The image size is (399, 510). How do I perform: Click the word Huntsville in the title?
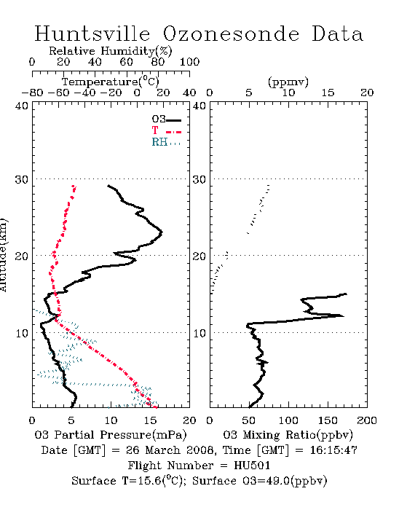click(x=92, y=34)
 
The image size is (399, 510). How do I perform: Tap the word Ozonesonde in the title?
click(x=230, y=34)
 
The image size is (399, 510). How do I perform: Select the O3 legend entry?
click(x=166, y=119)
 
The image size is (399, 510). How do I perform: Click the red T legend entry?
click(x=166, y=130)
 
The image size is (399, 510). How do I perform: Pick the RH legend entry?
click(x=166, y=142)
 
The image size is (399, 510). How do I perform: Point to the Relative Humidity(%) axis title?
click(x=111, y=51)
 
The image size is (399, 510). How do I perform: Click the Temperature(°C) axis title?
click(x=111, y=82)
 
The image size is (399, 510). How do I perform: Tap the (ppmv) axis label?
click(x=288, y=82)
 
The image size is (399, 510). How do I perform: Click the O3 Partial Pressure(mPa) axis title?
click(x=111, y=435)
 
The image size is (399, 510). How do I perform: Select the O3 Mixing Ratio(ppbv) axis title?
click(x=288, y=435)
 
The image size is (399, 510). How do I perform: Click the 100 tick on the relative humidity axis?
click(x=190, y=62)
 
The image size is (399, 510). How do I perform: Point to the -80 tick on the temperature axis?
click(x=32, y=93)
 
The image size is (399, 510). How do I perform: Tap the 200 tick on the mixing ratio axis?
click(x=367, y=420)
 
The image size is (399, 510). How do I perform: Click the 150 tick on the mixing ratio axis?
click(x=328, y=420)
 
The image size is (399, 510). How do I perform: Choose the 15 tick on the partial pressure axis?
click(x=150, y=420)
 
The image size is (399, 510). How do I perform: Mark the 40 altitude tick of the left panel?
click(x=21, y=106)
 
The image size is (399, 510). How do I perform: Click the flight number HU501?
click(x=252, y=466)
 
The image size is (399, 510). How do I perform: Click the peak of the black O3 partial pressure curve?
click(x=162, y=232)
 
